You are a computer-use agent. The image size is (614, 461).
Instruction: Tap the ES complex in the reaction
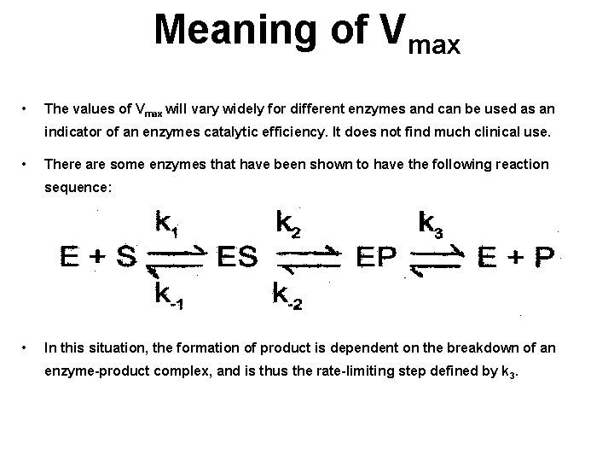[x=237, y=257]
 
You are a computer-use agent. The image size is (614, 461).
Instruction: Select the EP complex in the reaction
[x=376, y=257]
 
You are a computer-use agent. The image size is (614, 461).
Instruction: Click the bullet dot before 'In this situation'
[x=29, y=347]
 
